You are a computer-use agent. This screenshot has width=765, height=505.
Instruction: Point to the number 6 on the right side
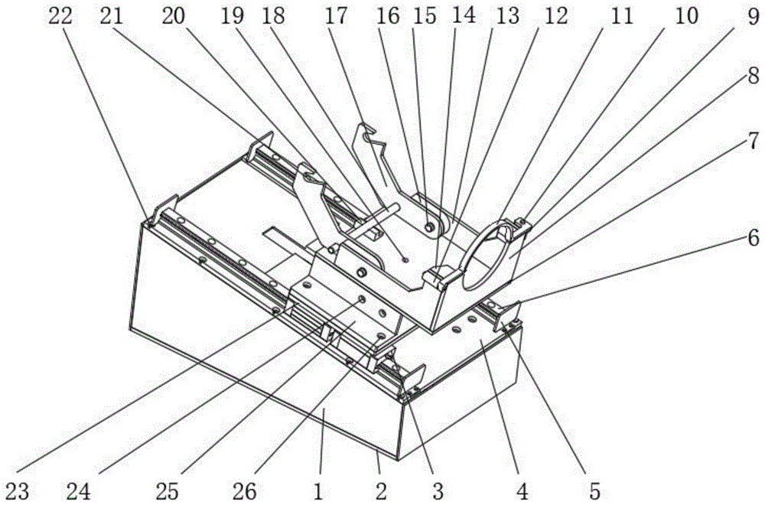pos(754,238)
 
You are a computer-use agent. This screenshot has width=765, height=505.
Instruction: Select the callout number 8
pos(754,76)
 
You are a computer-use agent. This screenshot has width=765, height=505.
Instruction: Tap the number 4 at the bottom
pos(522,490)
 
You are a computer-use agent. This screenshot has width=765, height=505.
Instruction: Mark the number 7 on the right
pos(754,141)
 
